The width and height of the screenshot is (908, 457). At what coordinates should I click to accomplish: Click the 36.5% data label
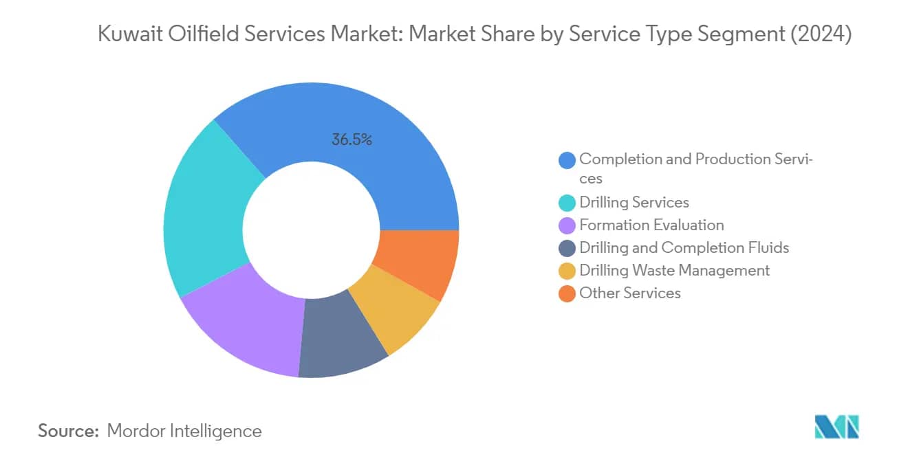pyautogui.click(x=352, y=140)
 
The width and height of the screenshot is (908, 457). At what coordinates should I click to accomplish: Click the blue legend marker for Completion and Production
pyautogui.click(x=567, y=161)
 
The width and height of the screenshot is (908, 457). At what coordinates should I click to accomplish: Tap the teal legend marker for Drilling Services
pyautogui.click(x=567, y=203)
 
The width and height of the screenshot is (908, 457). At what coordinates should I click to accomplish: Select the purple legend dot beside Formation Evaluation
pyautogui.click(x=567, y=225)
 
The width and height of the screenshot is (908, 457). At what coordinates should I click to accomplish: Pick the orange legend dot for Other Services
pyautogui.click(x=567, y=293)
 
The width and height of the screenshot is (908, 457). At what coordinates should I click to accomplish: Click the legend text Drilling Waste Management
pyautogui.click(x=674, y=271)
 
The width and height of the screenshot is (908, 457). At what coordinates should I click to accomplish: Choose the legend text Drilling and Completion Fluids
pyautogui.click(x=684, y=248)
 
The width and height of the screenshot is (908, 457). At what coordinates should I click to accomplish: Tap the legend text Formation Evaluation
pyautogui.click(x=651, y=225)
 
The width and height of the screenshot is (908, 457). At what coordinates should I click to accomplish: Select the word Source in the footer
pyautogui.click(x=68, y=431)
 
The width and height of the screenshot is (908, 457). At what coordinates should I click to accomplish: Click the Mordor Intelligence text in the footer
pyautogui.click(x=184, y=431)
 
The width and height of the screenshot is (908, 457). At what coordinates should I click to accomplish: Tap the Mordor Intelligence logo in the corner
pyautogui.click(x=836, y=427)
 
